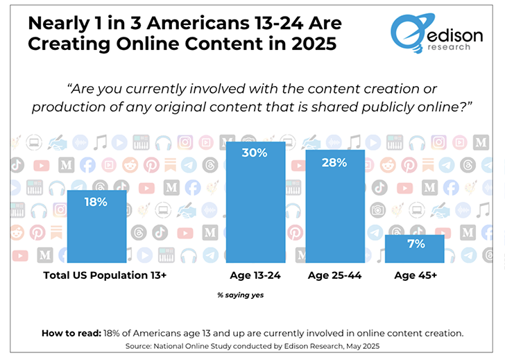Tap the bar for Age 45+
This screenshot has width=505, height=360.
[x=414, y=250]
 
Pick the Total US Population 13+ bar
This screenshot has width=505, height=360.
[x=96, y=229]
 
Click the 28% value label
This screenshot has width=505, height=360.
[x=335, y=162]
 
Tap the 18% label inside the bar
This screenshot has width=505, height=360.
[x=96, y=202]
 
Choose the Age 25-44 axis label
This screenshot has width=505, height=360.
[x=335, y=275]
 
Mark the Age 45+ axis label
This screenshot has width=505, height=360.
[x=414, y=275]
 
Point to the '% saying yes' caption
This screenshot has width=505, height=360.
[x=241, y=295]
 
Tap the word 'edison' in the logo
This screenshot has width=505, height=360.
[x=447, y=33]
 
